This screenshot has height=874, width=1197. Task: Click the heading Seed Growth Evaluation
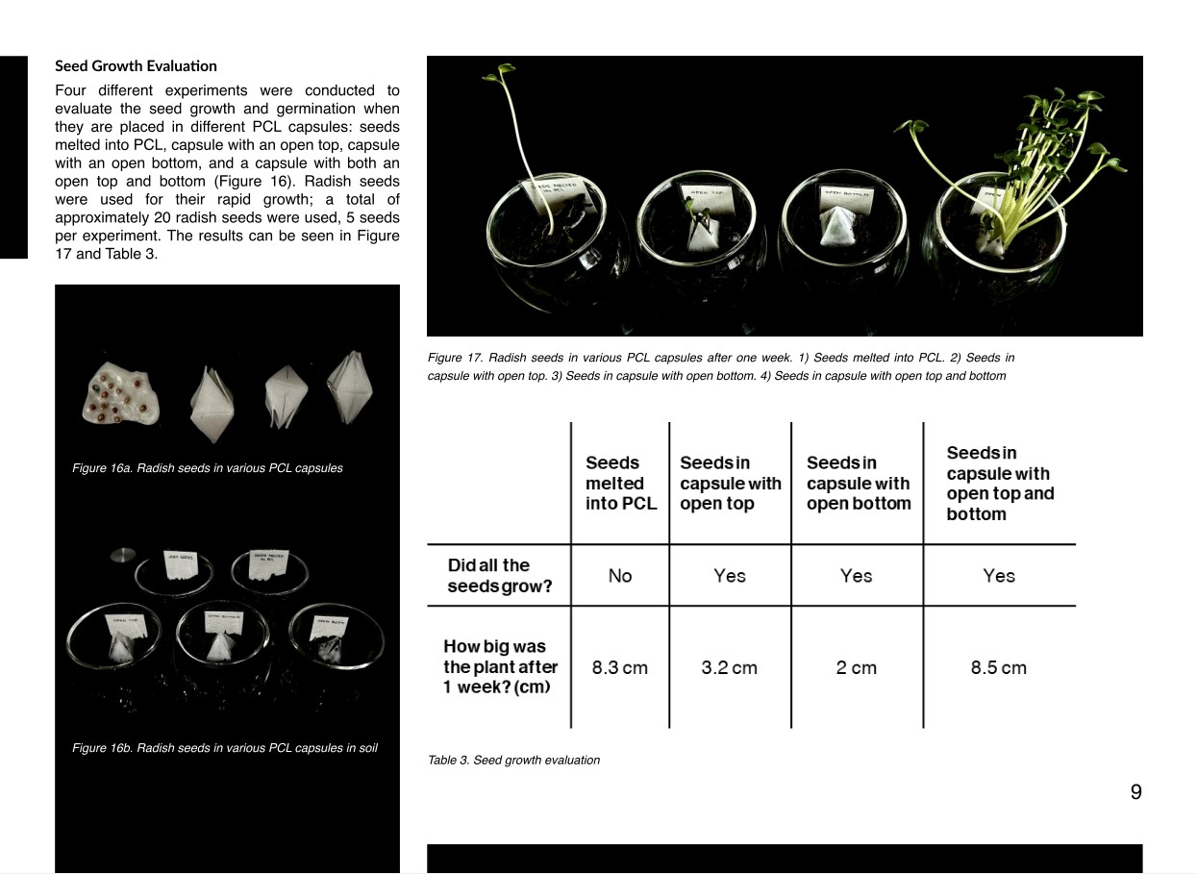pyautogui.click(x=136, y=66)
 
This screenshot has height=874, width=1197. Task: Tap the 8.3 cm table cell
pyautogui.click(x=619, y=667)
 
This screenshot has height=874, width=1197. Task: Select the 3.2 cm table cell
pyautogui.click(x=729, y=667)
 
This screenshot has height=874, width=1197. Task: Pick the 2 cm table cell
pyautogui.click(x=856, y=667)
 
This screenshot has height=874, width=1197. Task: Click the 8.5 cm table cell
pyautogui.click(x=998, y=667)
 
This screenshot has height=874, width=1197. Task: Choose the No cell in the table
pyautogui.click(x=620, y=576)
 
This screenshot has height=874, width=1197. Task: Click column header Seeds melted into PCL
pyautogui.click(x=620, y=484)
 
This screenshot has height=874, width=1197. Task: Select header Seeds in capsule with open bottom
pyautogui.click(x=858, y=484)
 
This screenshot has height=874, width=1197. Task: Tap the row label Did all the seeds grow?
pyautogui.click(x=499, y=575)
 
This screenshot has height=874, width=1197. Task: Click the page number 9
pyautogui.click(x=1135, y=792)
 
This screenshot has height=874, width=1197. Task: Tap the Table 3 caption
pyautogui.click(x=513, y=761)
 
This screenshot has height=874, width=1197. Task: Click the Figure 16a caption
pyautogui.click(x=207, y=468)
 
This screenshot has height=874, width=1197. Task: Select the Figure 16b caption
pyautogui.click(x=224, y=748)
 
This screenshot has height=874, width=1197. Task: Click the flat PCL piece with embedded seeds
pyautogui.click(x=122, y=395)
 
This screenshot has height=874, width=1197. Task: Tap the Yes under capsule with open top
pyautogui.click(x=729, y=576)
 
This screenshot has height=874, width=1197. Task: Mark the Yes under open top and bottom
pyautogui.click(x=998, y=576)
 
